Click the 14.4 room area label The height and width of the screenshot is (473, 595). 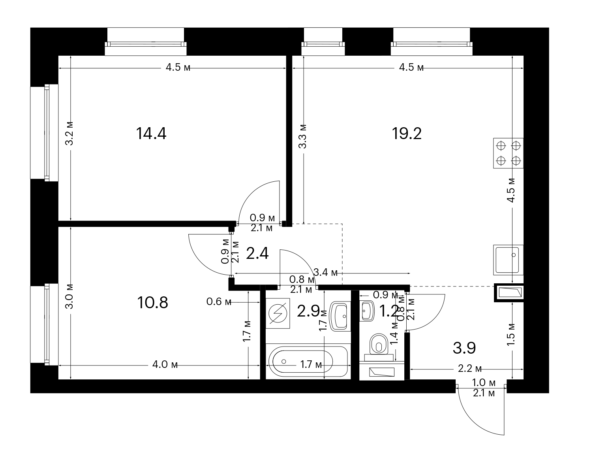151,134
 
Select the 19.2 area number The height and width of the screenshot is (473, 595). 406,134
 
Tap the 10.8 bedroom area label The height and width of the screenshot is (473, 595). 152,302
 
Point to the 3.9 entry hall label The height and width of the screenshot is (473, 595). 464,348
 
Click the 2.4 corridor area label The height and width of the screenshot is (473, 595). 257,254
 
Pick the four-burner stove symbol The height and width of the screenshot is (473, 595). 508,153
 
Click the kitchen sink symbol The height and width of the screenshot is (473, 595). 508,260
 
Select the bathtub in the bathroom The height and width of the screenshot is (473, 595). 308,362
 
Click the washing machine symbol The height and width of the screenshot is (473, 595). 278,313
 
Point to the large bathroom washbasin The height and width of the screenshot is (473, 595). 340,316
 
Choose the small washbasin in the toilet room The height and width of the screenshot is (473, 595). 367,311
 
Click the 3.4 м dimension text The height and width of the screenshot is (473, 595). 325,272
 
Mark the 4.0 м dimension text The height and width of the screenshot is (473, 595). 165,364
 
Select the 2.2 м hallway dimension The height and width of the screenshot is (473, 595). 470,368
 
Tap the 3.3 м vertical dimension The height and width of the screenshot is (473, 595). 303,136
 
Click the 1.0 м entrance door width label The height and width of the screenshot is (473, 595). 484,383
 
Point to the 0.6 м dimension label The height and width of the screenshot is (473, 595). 219,302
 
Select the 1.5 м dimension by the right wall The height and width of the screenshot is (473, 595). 511,334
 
